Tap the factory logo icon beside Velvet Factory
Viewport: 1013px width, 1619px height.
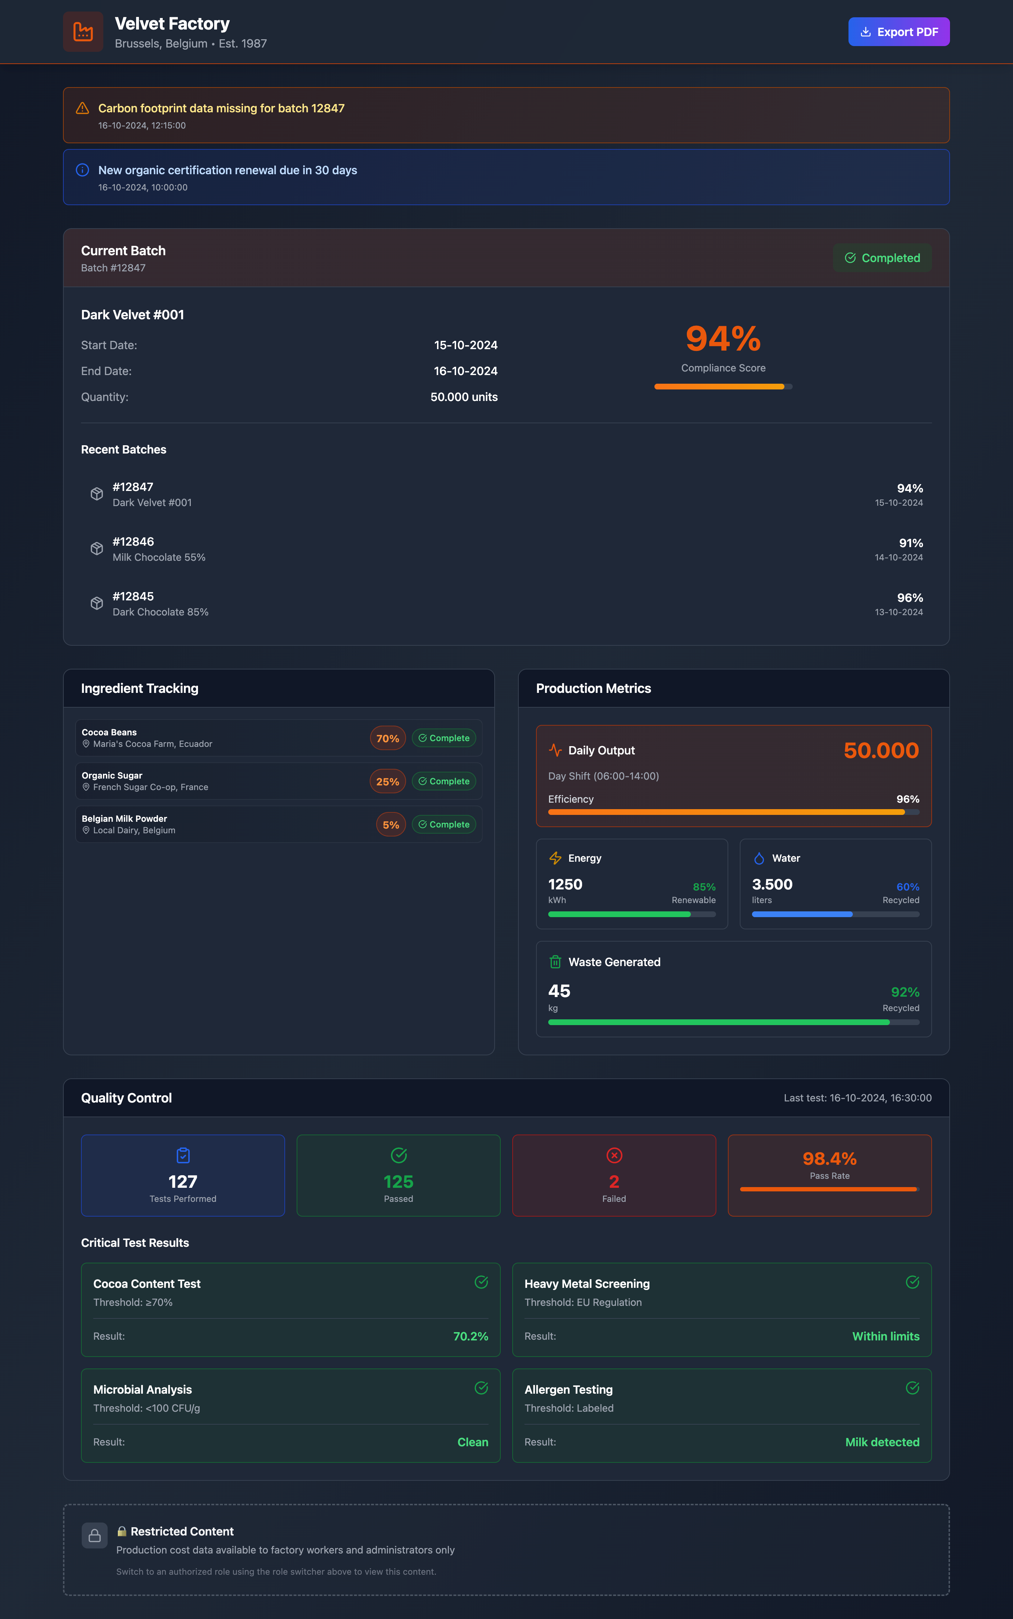tap(83, 31)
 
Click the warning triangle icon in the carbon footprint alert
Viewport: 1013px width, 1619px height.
tap(82, 108)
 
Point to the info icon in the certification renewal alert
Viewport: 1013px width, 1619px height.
tap(82, 170)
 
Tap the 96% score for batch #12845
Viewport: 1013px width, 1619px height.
tap(909, 597)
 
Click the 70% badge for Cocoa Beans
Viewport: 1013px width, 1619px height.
tap(387, 738)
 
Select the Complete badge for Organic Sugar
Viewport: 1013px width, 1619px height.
tap(444, 781)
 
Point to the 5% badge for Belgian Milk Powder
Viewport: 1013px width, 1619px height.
tap(391, 825)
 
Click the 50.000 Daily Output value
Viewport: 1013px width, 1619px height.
tap(881, 750)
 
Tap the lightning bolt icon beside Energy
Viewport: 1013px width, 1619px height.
tap(555, 858)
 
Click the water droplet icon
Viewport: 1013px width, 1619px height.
tap(758, 858)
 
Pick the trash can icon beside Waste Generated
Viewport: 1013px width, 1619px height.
tap(555, 962)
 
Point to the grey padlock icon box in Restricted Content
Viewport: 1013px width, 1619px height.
tap(94, 1535)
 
